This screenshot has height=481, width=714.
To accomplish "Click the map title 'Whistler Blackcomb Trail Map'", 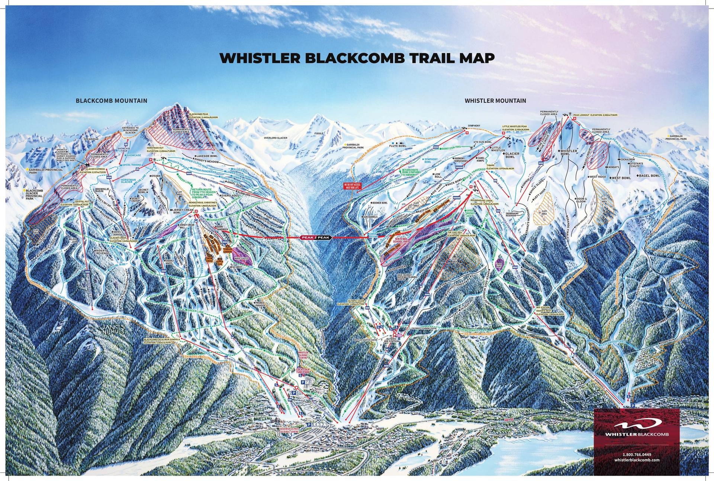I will click(x=357, y=58).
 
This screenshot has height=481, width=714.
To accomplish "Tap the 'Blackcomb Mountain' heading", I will click(x=112, y=101).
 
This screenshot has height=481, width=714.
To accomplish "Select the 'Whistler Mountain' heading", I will click(x=495, y=101).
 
